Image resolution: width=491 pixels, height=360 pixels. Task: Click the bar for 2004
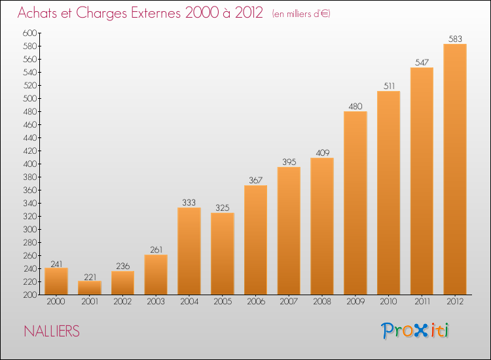click(189, 251)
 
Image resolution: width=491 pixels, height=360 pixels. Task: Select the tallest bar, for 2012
click(455, 170)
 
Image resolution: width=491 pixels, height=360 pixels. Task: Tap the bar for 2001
click(90, 288)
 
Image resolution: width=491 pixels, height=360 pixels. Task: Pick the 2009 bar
click(355, 203)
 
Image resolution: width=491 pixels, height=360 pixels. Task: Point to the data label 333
click(189, 202)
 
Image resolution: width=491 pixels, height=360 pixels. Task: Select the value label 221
click(90, 276)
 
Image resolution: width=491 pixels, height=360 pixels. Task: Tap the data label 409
click(322, 153)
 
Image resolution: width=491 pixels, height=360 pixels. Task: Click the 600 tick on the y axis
click(30, 33)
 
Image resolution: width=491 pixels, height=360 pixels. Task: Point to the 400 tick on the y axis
click(30, 164)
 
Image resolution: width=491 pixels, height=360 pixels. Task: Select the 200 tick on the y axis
click(30, 295)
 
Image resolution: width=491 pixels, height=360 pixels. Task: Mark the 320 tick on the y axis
click(30, 216)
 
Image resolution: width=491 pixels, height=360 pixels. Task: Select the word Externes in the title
click(153, 13)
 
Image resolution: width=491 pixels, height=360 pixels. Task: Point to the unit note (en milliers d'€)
click(302, 14)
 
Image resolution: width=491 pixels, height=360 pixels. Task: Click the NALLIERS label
click(52, 332)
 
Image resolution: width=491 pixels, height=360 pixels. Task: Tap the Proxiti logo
click(415, 331)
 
